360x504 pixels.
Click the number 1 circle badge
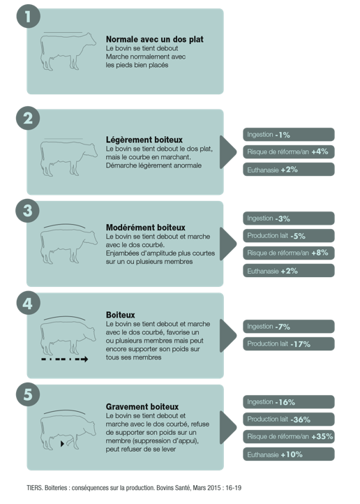(x=29, y=16)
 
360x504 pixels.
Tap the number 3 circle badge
(x=28, y=211)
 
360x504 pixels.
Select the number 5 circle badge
(x=28, y=394)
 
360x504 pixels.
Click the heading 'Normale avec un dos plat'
(x=154, y=39)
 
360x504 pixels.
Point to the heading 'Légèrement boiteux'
(x=144, y=140)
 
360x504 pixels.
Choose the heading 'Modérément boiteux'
(x=146, y=228)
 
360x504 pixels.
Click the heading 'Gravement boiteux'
(x=142, y=406)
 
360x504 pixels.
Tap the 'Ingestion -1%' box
(x=288, y=134)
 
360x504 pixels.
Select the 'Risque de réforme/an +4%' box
(x=288, y=151)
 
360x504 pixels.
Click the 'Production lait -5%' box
(x=288, y=236)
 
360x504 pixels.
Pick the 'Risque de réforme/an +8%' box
(x=288, y=253)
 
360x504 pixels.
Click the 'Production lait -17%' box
(x=288, y=344)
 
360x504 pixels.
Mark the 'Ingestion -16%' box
(x=288, y=402)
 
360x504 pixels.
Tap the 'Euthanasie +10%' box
(x=288, y=454)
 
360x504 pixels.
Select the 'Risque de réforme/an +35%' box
(x=288, y=436)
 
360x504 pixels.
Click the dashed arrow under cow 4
(x=65, y=360)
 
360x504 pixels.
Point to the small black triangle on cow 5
(x=62, y=444)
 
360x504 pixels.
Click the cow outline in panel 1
(x=68, y=51)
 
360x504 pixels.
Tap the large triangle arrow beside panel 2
(x=228, y=152)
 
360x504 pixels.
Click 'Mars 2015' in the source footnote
(x=207, y=488)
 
